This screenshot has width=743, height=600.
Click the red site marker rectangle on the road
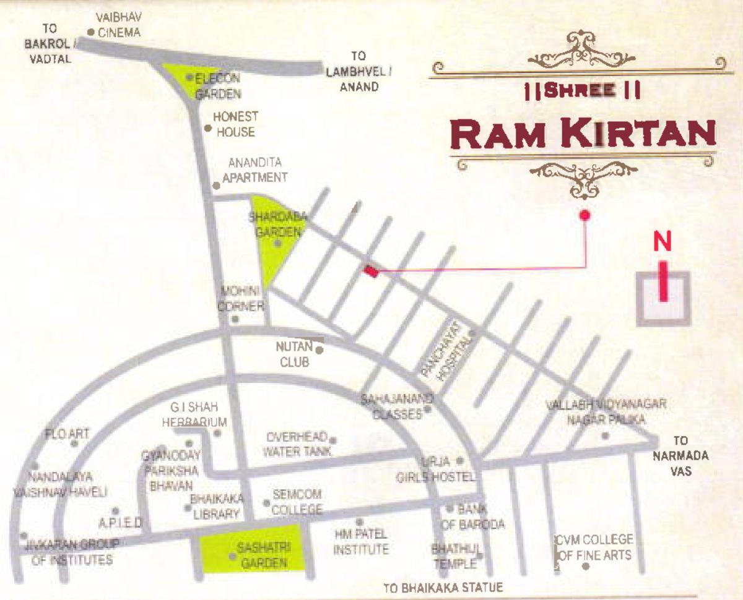tap(371, 271)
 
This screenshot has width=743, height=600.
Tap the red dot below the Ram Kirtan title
tap(584, 215)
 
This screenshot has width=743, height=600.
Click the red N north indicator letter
tap(663, 242)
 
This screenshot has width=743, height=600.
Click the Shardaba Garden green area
tap(272, 238)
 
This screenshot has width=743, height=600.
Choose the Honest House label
tap(235, 124)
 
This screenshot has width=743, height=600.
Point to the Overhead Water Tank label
tap(297, 444)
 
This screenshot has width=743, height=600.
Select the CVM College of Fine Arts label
tap(594, 547)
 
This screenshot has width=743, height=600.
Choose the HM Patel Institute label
tap(361, 542)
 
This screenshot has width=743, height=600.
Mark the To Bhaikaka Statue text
tap(443, 588)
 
